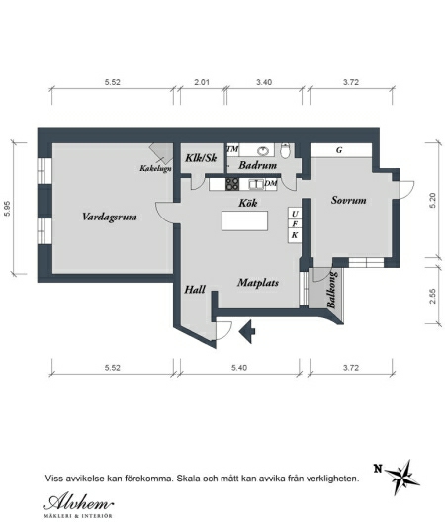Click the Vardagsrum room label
[110, 218]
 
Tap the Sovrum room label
[349, 200]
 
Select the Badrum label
[257, 165]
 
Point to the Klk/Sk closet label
[201, 158]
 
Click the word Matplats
[258, 283]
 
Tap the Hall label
[195, 290]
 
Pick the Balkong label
[332, 290]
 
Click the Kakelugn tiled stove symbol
[162, 153]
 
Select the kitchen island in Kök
[245, 220]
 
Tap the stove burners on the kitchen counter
[232, 184]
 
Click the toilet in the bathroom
[285, 151]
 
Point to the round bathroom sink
[263, 151]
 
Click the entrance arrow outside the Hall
[247, 331]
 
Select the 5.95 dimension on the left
[7, 209]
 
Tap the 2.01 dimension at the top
[202, 82]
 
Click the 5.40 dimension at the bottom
[239, 368]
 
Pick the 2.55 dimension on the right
[433, 296]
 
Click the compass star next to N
[401, 478]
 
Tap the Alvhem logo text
[78, 502]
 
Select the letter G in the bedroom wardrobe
[339, 150]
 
